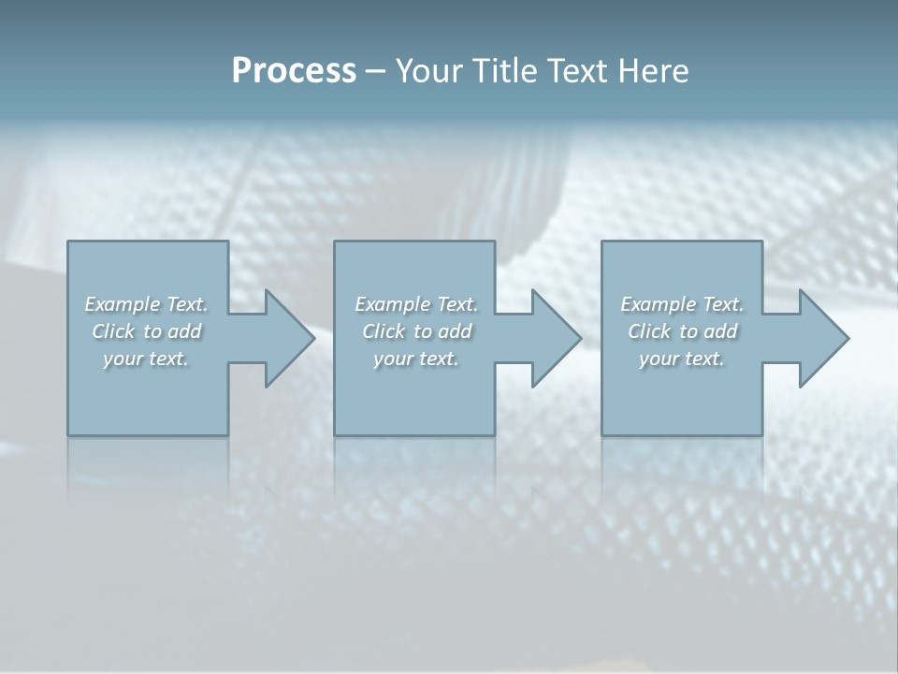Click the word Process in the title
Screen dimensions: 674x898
click(x=294, y=71)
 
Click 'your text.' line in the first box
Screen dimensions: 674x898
click(x=146, y=359)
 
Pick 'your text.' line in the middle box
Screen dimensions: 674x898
click(x=415, y=359)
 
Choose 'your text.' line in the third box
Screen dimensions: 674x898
click(x=682, y=359)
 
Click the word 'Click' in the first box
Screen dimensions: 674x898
click(x=113, y=331)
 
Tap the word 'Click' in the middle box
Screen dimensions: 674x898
click(x=384, y=331)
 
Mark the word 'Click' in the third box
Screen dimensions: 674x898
click(x=649, y=331)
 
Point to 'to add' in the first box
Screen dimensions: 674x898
click(x=173, y=331)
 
